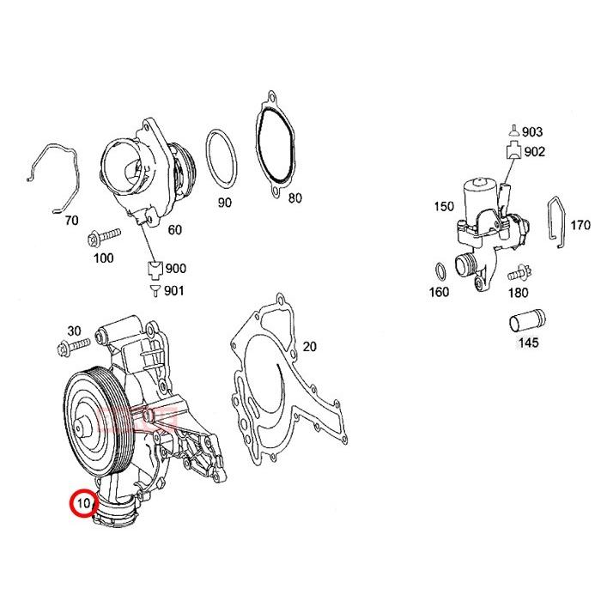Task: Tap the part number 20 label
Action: [x=310, y=347]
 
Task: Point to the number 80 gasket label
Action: [x=294, y=198]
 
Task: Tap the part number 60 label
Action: [x=174, y=229]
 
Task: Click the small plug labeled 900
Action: [x=155, y=270]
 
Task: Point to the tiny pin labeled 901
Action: [x=155, y=291]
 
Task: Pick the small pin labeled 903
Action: [x=513, y=131]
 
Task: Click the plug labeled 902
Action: [x=513, y=153]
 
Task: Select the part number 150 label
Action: [x=443, y=207]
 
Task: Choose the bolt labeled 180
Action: [x=517, y=276]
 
